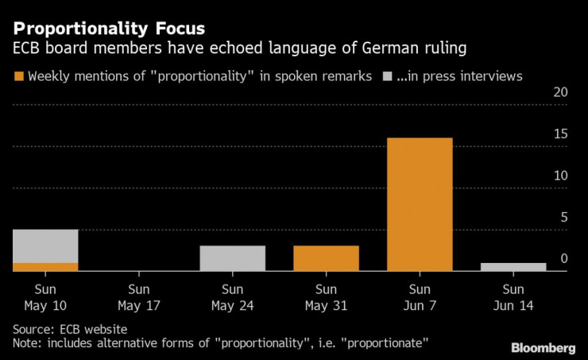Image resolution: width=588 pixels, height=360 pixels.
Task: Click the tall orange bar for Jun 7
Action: pyautogui.click(x=420, y=204)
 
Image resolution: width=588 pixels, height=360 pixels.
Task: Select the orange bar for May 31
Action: pyautogui.click(x=326, y=258)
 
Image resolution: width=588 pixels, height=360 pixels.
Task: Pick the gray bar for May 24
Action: pyautogui.click(x=232, y=258)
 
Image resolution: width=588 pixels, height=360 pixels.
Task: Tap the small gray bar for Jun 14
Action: pyautogui.click(x=513, y=267)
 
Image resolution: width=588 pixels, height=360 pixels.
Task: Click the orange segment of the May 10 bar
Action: pyautogui.click(x=45, y=267)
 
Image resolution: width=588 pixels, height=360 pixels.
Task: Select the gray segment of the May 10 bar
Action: pyautogui.click(x=45, y=246)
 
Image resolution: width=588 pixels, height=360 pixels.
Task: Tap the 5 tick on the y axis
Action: pyautogui.click(x=563, y=216)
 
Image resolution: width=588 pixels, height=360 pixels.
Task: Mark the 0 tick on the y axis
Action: pyautogui.click(x=563, y=258)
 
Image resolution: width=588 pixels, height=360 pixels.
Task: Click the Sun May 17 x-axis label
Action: pyautogui.click(x=139, y=296)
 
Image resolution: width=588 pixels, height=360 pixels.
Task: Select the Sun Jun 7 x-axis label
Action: pyautogui.click(x=420, y=296)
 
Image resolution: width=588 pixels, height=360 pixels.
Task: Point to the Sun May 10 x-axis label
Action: pyautogui.click(x=45, y=296)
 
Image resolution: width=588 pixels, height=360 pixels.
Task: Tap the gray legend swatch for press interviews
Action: pyautogui.click(x=387, y=77)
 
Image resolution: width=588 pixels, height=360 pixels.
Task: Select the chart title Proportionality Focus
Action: pyautogui.click(x=109, y=29)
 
